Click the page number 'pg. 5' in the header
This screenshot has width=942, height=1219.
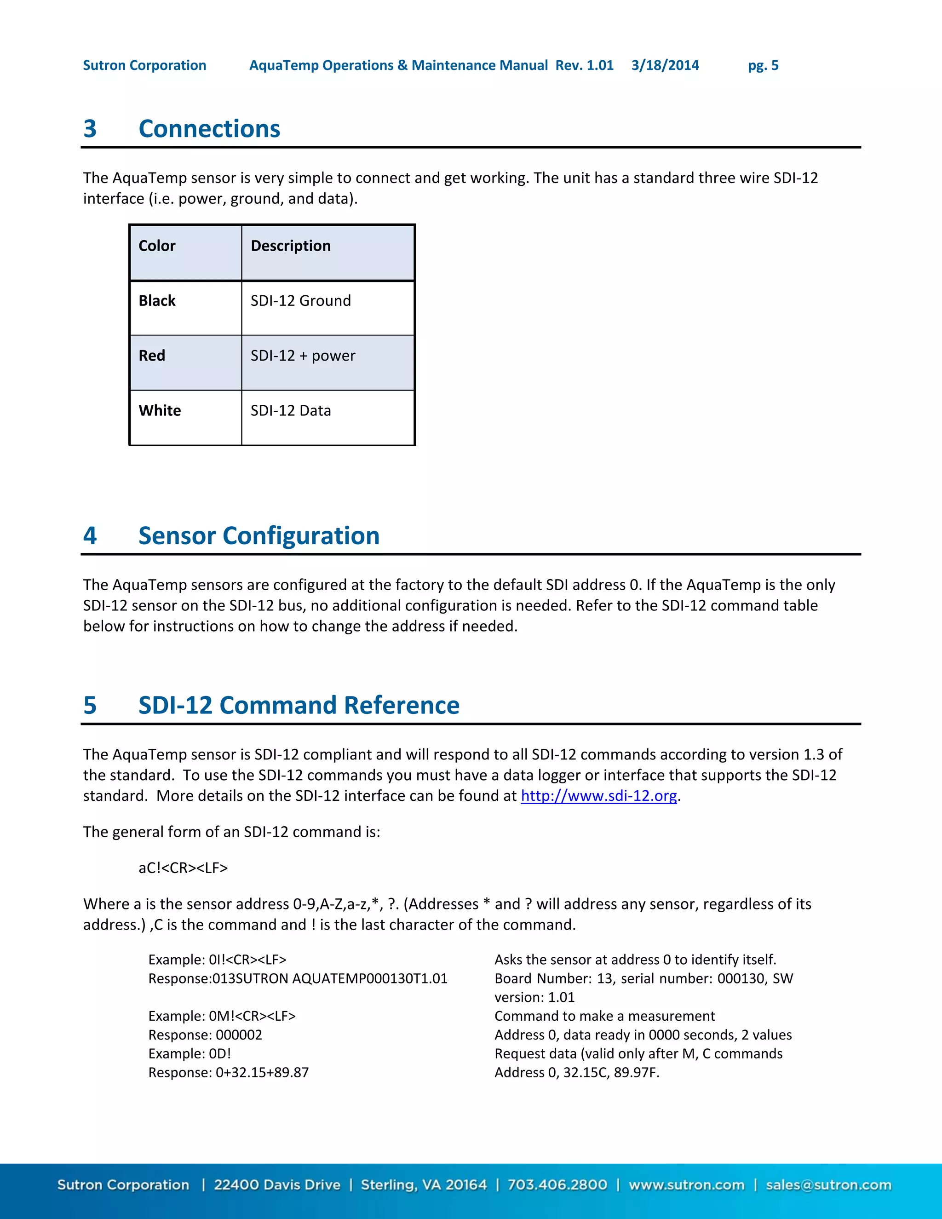[763, 65]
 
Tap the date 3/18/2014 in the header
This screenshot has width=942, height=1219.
[665, 65]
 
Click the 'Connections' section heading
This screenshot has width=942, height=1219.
[209, 129]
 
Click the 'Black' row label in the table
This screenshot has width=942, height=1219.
[157, 301]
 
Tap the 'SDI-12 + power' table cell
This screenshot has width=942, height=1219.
[303, 356]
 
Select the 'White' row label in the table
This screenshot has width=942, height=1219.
[160, 411]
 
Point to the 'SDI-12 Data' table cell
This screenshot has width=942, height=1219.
[291, 411]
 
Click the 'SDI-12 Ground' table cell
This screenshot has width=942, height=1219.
[300, 301]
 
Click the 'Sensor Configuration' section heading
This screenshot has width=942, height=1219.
[259, 536]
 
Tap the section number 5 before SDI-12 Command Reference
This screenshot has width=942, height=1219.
[90, 706]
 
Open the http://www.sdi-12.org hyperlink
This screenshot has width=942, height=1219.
[599, 796]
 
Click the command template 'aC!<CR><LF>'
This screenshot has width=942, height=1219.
[183, 868]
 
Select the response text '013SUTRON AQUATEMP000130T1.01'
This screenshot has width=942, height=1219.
[330, 978]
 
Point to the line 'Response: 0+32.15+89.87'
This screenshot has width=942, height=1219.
[228, 1072]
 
